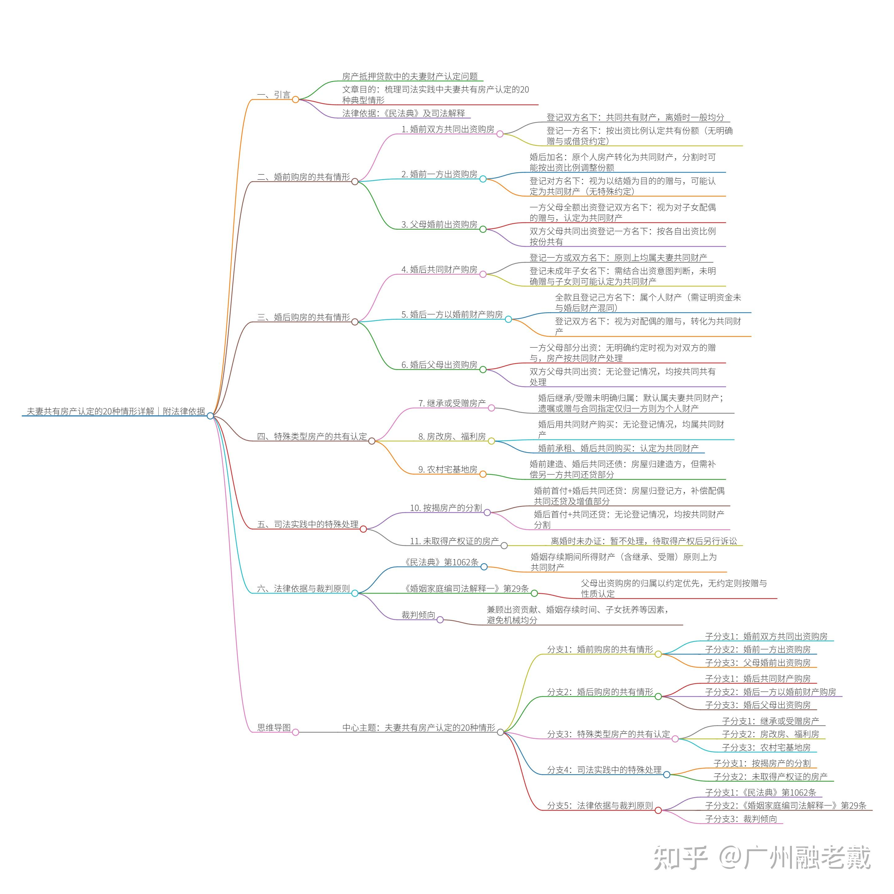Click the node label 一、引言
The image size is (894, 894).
[273, 95]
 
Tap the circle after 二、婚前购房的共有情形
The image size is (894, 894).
[355, 181]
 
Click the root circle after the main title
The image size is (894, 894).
[210, 416]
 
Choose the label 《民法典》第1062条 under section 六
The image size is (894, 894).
[441, 562]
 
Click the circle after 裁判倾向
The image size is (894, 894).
[440, 620]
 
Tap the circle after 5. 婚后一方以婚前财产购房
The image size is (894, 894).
[508, 319]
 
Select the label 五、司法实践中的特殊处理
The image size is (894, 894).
[308, 524]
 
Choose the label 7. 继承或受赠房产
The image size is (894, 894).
[452, 404]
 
